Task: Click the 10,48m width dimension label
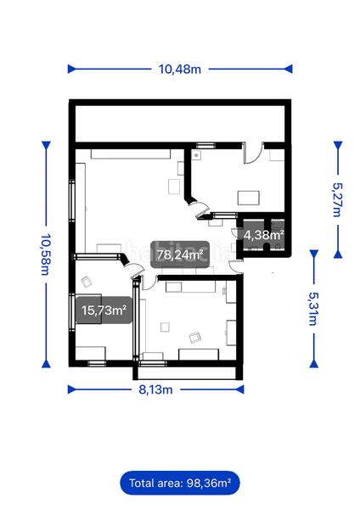[x=179, y=70]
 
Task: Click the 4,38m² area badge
[x=263, y=235]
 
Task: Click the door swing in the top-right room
[x=251, y=153]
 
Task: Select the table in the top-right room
[x=249, y=198]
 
